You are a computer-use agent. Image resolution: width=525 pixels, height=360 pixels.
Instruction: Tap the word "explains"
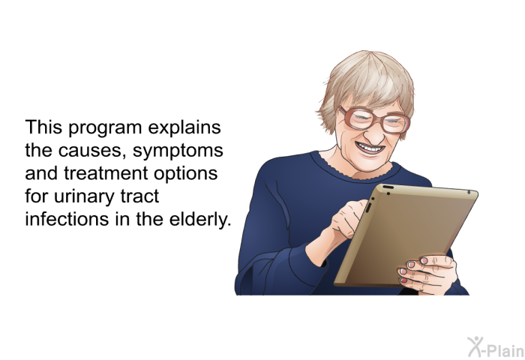coord(184,128)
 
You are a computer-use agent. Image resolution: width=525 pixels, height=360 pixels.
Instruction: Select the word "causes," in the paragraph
coord(92,151)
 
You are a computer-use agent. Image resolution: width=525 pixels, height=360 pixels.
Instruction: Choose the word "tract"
coord(139,196)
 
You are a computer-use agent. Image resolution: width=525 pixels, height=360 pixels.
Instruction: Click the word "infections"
coord(67,219)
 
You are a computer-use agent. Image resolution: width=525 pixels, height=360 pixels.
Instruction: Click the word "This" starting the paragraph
coord(43,127)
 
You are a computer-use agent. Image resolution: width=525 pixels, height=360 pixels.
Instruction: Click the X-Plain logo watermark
coord(496,347)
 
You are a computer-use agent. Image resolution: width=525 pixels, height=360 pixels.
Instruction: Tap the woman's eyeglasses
coord(374,120)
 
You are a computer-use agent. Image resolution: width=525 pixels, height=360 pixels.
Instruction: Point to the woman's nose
coord(373,134)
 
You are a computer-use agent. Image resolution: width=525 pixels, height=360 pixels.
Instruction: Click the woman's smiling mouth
coord(370,148)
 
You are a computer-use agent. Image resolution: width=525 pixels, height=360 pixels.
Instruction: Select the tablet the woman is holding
coord(405,235)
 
